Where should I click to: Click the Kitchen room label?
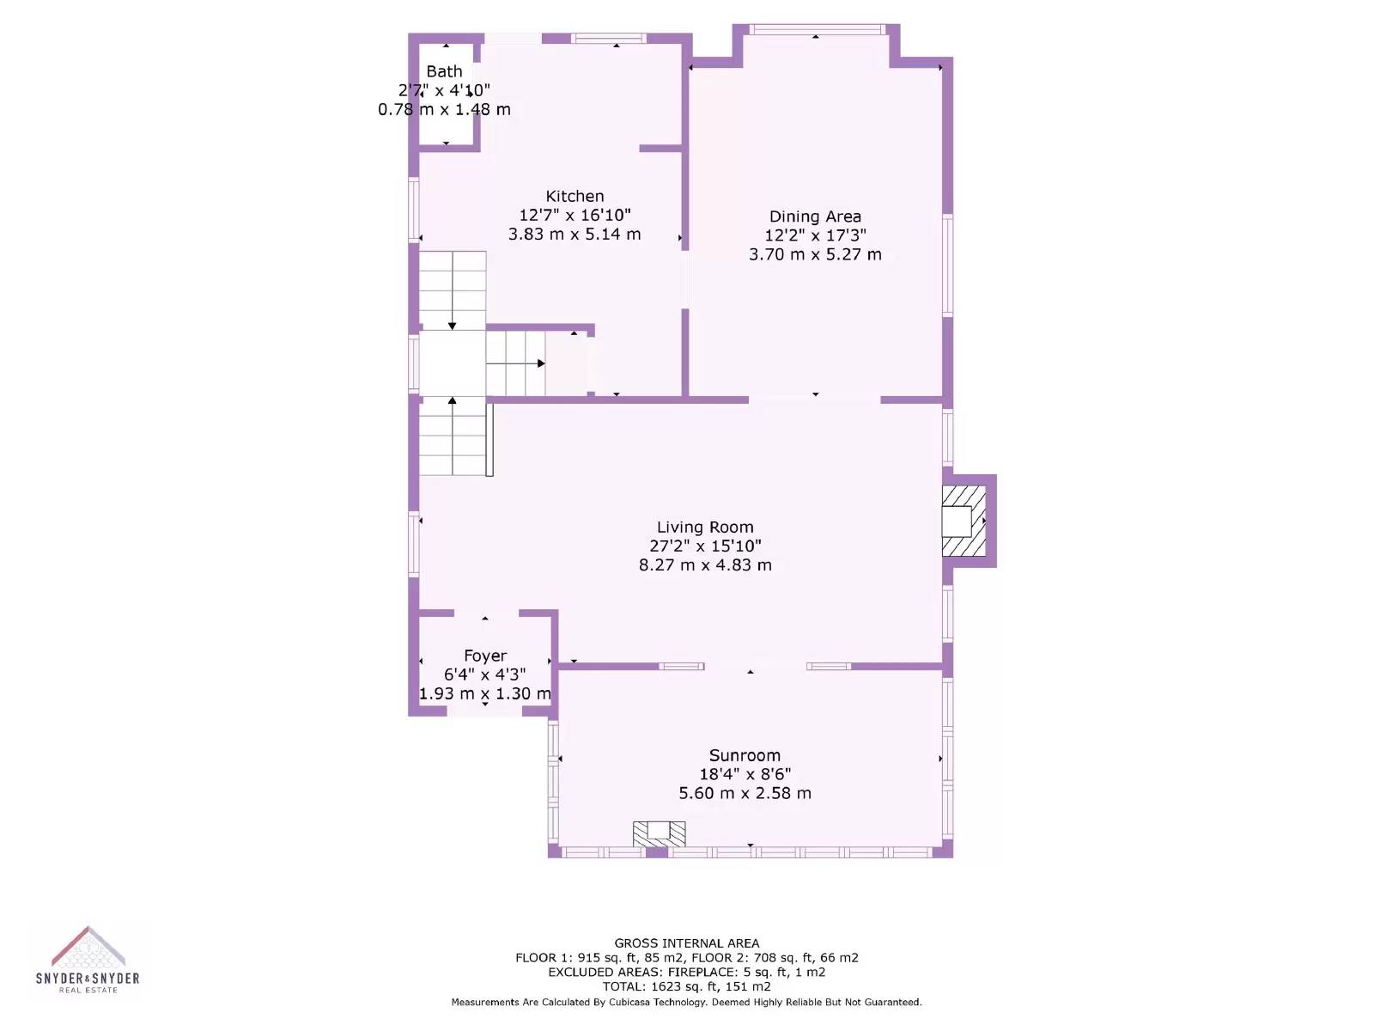pyautogui.click(x=574, y=196)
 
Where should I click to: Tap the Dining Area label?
pyautogui.click(x=815, y=217)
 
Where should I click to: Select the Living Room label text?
pyautogui.click(x=705, y=527)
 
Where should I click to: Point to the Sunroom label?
pyautogui.click(x=745, y=755)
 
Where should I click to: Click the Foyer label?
pyautogui.click(x=485, y=656)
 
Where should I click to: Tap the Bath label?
pyautogui.click(x=445, y=71)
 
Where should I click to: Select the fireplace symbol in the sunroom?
pyautogui.click(x=660, y=833)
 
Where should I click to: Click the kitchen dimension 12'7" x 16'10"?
pyautogui.click(x=575, y=216)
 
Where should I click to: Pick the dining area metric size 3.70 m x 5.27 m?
pyautogui.click(x=815, y=254)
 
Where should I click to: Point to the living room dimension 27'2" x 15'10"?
pyautogui.click(x=705, y=546)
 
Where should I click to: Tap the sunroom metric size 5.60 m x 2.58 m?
pyautogui.click(x=745, y=793)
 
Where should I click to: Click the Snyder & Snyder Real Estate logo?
pyautogui.click(x=88, y=959)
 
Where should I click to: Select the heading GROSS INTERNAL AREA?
pyautogui.click(x=687, y=943)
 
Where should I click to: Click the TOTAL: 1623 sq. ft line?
pyautogui.click(x=687, y=986)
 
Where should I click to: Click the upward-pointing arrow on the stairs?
pyautogui.click(x=452, y=436)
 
